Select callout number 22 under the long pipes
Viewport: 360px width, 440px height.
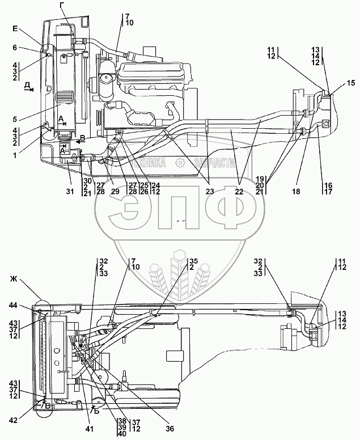(x=239, y=192)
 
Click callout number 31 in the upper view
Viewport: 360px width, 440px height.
(x=69, y=192)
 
